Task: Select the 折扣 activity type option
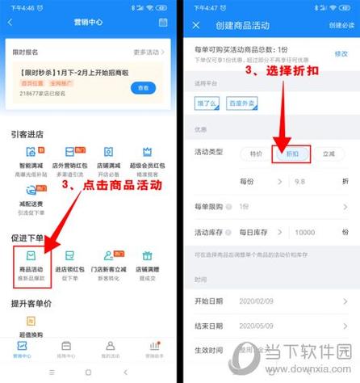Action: tap(290, 154)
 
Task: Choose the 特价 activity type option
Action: tap(255, 154)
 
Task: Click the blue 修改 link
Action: tap(341, 53)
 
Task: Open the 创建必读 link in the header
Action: tap(341, 25)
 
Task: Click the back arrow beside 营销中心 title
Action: tap(10, 23)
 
